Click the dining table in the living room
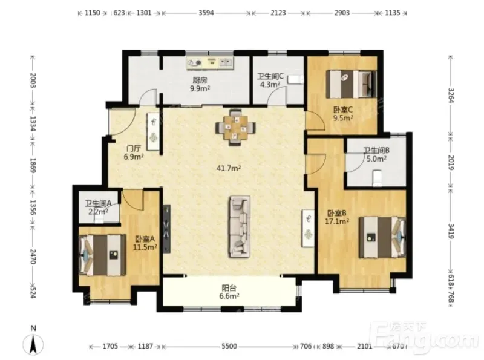click(235, 127)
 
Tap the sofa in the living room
click(240, 227)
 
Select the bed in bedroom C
click(352, 84)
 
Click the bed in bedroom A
click(102, 255)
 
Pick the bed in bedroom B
click(382, 237)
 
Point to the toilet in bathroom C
click(296, 80)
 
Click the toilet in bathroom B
click(377, 178)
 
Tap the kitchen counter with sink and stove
click(210, 63)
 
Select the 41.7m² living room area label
click(229, 168)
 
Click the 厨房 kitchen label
click(200, 80)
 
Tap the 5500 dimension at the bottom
click(229, 346)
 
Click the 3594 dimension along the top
click(206, 13)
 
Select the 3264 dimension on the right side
click(451, 96)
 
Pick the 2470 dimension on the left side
click(33, 257)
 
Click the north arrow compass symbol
click(33, 344)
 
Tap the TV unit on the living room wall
click(167, 229)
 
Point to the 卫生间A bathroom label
click(98, 203)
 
